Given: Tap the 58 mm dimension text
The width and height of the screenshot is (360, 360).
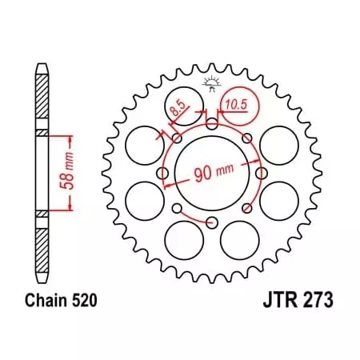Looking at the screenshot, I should pos(70,169).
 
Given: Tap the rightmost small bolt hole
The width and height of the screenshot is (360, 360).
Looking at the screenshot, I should pos(262,173).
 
